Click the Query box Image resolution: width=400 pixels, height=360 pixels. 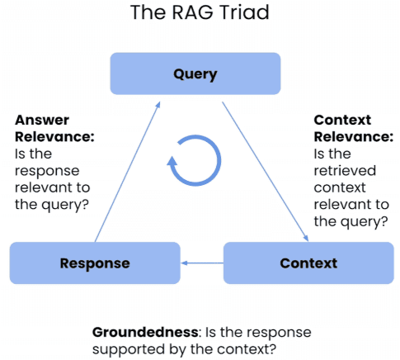tap(195, 73)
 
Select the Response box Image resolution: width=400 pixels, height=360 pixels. tap(95, 263)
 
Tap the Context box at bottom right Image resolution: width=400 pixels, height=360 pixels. tap(308, 263)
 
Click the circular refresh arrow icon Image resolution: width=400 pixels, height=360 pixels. tap(195, 160)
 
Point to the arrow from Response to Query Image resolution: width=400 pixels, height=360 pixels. tap(127, 172)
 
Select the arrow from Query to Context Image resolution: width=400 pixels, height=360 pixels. tap(266, 172)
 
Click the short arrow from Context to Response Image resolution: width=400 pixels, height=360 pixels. tap(202, 263)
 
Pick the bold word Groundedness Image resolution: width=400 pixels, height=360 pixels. tap(145, 332)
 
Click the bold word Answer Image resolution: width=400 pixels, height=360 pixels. tap(42, 120)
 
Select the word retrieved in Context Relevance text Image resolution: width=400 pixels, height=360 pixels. tap(345, 171)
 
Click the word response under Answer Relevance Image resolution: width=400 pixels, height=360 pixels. tap(47, 171)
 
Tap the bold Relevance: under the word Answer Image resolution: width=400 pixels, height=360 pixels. tap(54, 137)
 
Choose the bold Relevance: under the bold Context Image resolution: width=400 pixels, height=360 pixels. tap(354, 137)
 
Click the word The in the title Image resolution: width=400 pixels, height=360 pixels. tap(149, 12)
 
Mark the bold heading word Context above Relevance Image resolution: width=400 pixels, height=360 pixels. tap(342, 120)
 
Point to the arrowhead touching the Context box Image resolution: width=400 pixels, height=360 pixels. tap(306, 238)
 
